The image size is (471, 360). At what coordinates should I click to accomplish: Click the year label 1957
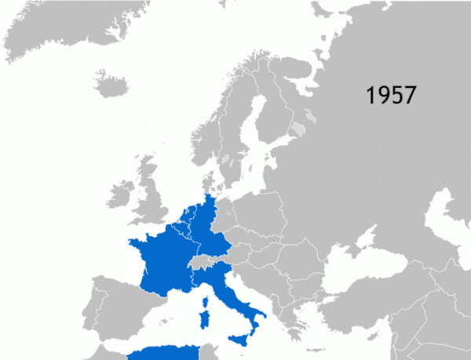tap(391, 95)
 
